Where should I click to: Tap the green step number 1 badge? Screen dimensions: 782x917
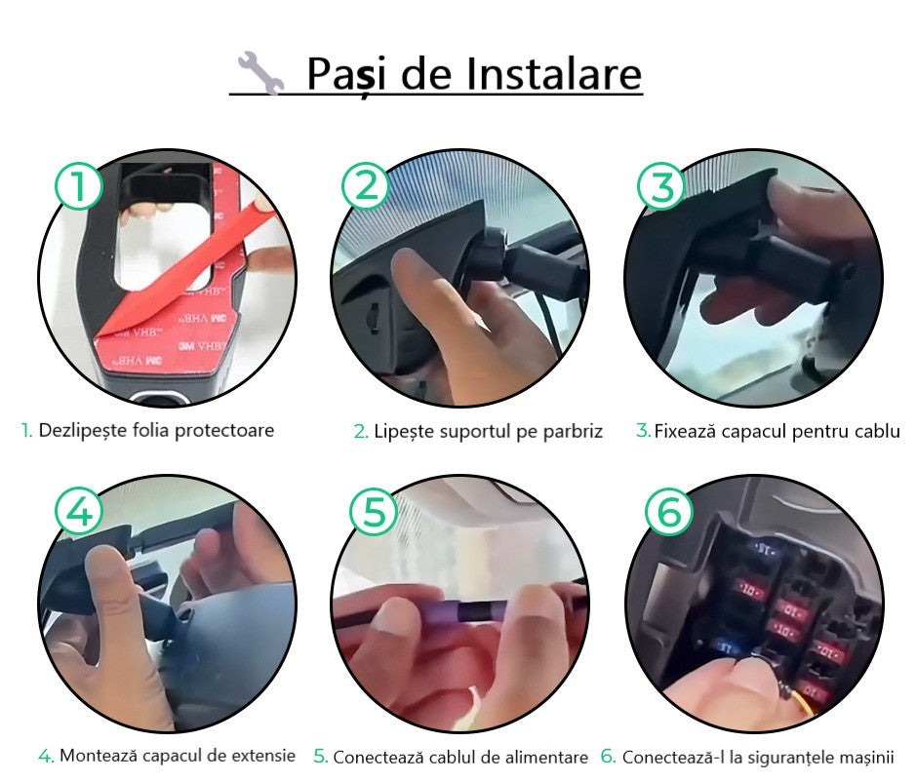(78, 184)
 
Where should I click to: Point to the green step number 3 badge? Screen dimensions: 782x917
(662, 185)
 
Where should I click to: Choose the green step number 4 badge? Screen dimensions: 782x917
(78, 510)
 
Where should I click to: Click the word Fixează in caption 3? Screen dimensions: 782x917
(687, 431)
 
